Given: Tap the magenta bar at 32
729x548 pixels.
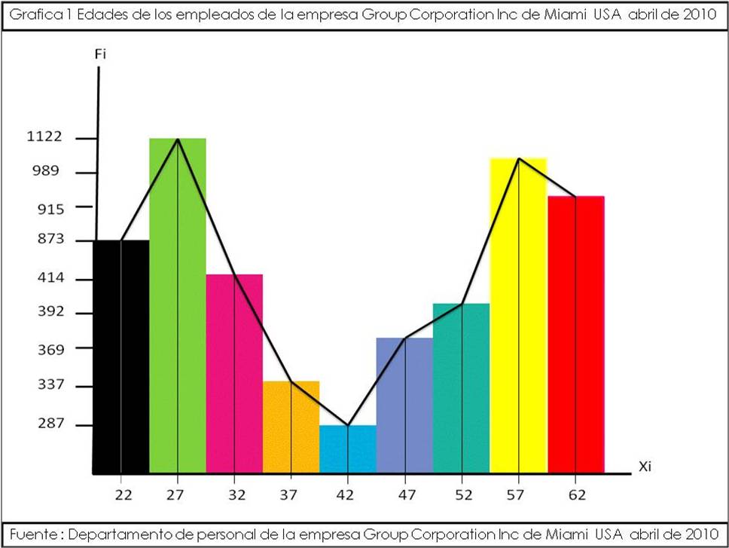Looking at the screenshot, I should click(234, 373).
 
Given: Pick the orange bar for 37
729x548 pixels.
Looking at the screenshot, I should click(291, 427).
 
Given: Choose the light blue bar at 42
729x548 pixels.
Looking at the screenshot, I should click(348, 449).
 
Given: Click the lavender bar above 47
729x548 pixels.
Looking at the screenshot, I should click(404, 405).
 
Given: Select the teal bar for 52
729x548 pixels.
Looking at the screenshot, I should click(462, 387).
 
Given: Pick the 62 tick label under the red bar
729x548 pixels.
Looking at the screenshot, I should click(575, 495).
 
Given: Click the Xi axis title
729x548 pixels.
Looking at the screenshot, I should click(645, 467).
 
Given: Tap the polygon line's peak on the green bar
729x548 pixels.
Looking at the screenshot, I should click(178, 139).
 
